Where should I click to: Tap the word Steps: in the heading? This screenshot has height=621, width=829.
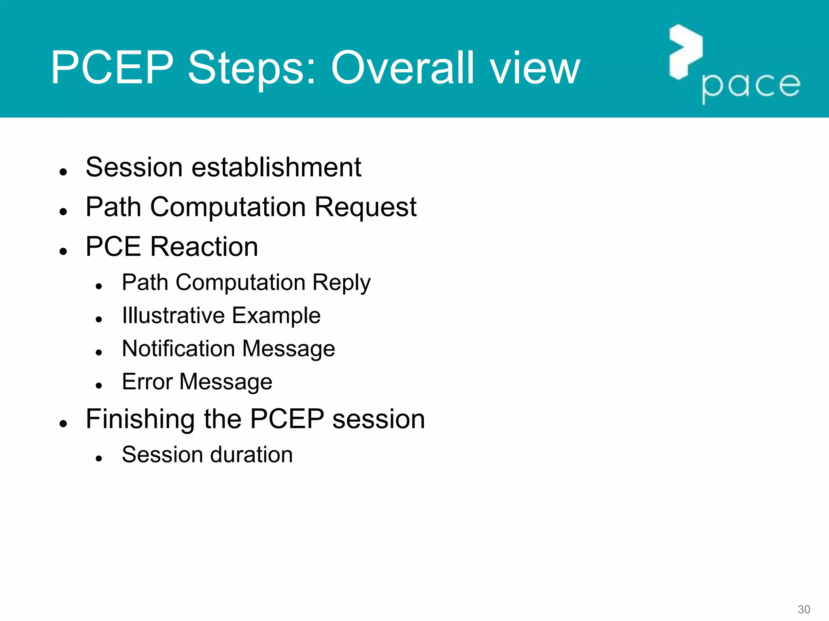point(252,68)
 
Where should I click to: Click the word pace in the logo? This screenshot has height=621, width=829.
point(751,86)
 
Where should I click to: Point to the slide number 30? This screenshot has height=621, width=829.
point(803,609)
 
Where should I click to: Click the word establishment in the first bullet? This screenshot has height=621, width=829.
point(276,167)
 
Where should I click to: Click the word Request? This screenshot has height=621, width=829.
point(366,207)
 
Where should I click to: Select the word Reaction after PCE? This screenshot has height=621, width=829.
point(204,247)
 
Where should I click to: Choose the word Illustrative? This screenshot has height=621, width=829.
point(173,316)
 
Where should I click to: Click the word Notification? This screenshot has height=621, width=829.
point(178,349)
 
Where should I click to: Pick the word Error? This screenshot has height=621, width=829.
point(147,382)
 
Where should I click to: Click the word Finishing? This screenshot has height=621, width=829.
point(140,419)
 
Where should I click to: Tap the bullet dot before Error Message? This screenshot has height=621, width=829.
point(99,386)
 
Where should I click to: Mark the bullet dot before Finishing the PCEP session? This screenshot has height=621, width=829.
point(63,424)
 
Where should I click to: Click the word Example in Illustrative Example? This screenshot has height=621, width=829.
point(276,316)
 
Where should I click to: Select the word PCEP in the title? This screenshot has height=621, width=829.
point(112,68)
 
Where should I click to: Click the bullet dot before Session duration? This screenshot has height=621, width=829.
point(99,458)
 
